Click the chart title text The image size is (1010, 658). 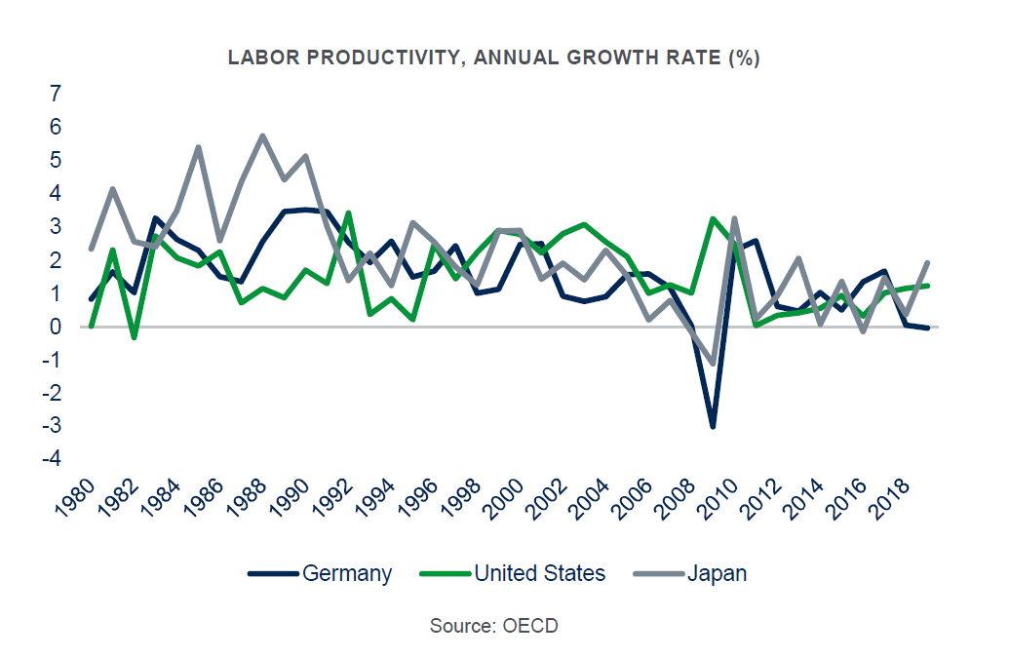493,58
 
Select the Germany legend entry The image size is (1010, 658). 347,573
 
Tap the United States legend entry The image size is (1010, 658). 539,573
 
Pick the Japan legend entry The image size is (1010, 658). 717,573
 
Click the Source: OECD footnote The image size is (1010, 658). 494,626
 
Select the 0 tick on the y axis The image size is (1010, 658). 56,327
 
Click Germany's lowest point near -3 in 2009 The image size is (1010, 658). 713,427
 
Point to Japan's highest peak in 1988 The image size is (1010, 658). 262,135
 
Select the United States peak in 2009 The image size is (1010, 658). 713,218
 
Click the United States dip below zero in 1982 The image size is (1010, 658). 134,337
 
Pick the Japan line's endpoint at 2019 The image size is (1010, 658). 927,262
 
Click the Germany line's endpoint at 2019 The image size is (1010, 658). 927,328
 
